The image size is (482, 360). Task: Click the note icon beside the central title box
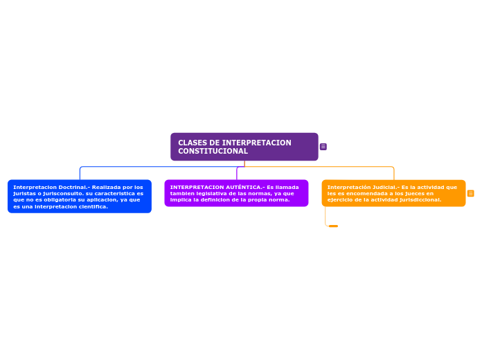pyautogui.click(x=323, y=147)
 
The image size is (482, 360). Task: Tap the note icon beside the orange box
pyautogui.click(x=471, y=193)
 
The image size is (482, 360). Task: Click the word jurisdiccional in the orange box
pyautogui.click(x=420, y=200)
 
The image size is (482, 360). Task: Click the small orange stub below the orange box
pyautogui.click(x=333, y=226)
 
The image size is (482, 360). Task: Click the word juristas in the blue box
pyautogui.click(x=23, y=193)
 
